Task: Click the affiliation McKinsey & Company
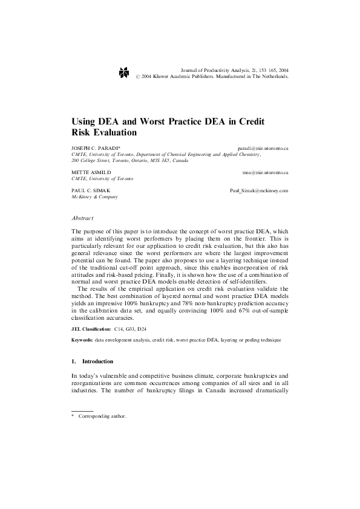(x=94, y=196)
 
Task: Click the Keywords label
(x=82, y=341)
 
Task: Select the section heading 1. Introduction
(x=92, y=361)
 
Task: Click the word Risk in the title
(x=83, y=132)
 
